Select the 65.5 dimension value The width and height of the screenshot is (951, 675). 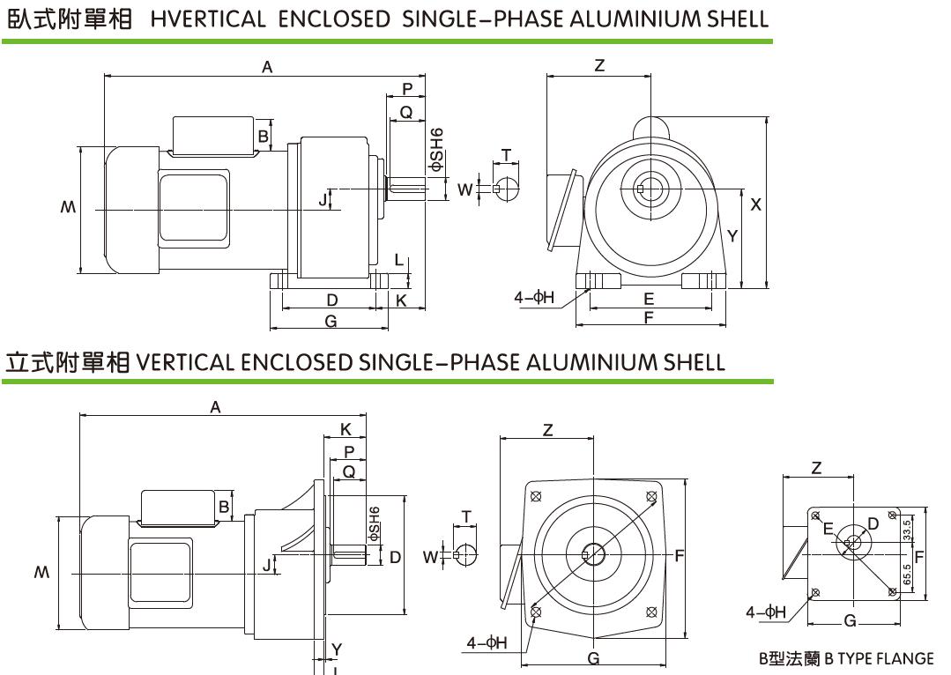tap(907, 575)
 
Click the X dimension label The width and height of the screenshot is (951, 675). tap(755, 204)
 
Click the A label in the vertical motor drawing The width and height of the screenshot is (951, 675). tap(215, 406)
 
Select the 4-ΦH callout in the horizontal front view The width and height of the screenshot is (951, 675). tap(534, 297)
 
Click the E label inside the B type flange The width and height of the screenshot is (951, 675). tap(827, 529)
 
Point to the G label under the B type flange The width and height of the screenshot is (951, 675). tap(850, 621)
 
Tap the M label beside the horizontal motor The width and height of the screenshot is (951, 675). tap(69, 209)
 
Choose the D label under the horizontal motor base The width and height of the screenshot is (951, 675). tap(332, 300)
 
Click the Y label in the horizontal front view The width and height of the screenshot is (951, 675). tap(732, 235)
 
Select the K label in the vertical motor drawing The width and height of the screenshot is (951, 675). tap(345, 429)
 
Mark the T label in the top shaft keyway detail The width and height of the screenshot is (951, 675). tap(506, 155)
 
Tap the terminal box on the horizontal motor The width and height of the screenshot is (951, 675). tap(212, 134)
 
